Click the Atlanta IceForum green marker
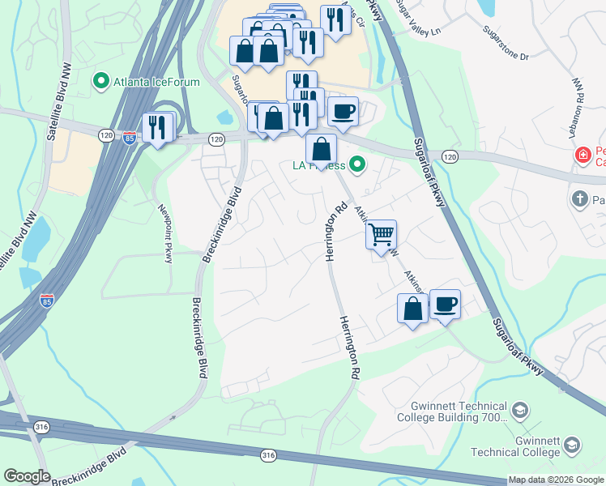pyautogui.click(x=101, y=80)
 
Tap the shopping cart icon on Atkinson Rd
pyautogui.click(x=381, y=235)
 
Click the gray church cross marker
pyautogui.click(x=579, y=198)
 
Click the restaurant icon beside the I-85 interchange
pyautogui.click(x=157, y=126)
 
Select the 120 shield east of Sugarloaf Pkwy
pyautogui.click(x=450, y=156)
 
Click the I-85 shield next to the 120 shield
pyautogui.click(x=130, y=138)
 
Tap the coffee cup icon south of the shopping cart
pyautogui.click(x=445, y=305)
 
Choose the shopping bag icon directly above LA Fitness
pyautogui.click(x=322, y=148)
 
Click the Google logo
pyautogui.click(x=26, y=476)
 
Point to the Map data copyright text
pyautogui.click(x=556, y=480)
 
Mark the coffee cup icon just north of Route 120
pyautogui.click(x=344, y=111)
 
